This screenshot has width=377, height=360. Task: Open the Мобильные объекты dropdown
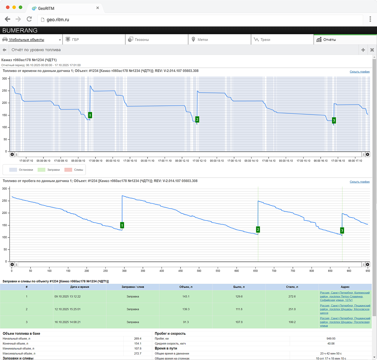pyautogui.click(x=31, y=39)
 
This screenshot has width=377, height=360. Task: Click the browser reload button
pyautogui.click(x=29, y=19)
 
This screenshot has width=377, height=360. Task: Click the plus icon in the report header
pyautogui.click(x=363, y=50)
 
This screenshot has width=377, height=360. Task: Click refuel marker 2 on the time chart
pyautogui.click(x=197, y=119)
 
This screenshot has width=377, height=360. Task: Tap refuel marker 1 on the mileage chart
pyautogui.click(x=122, y=225)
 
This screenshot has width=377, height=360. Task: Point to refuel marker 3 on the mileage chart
pyautogui.click(x=342, y=230)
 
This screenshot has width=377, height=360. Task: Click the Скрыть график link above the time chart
pyautogui.click(x=359, y=72)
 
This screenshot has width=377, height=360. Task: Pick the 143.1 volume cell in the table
pyautogui.click(x=186, y=296)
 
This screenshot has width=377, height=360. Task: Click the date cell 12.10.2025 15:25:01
pyautogui.click(x=67, y=309)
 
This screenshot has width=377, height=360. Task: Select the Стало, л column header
pyautogui.click(x=292, y=287)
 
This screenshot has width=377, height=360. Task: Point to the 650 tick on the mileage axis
pyautogui.click(x=255, y=271)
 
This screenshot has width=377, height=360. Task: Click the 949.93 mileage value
pyautogui.click(x=331, y=338)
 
